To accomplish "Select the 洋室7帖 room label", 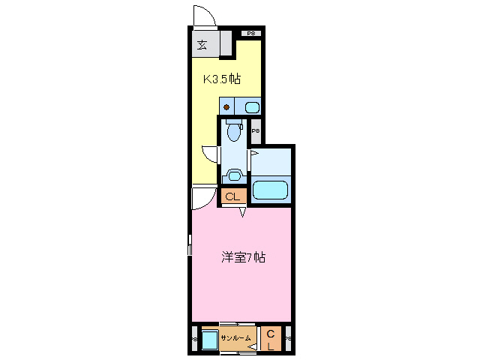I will [x=242, y=257].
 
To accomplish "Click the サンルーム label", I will [x=235, y=339].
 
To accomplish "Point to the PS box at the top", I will [x=251, y=33].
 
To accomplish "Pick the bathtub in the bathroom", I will [x=270, y=190].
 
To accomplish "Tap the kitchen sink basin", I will [x=251, y=106].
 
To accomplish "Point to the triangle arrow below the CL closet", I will [x=242, y=213].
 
